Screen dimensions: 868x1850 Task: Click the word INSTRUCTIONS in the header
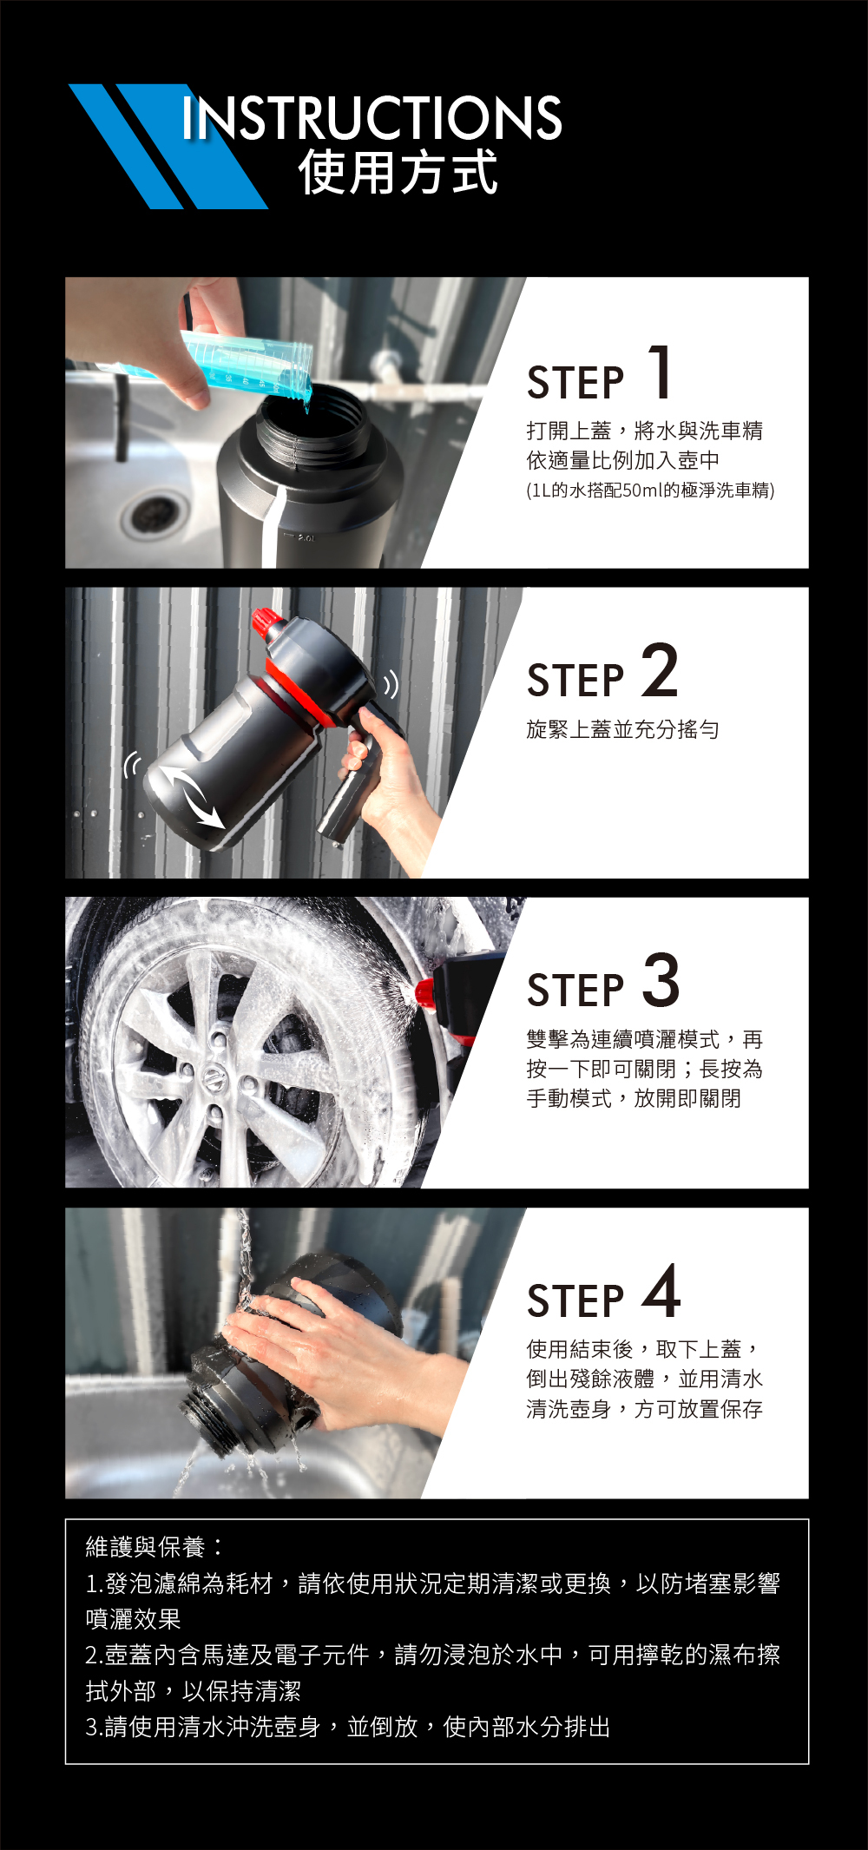(372, 118)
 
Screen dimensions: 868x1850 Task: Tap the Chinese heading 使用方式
(398, 172)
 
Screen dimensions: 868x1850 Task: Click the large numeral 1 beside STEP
(661, 371)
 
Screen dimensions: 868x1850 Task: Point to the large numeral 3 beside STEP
(661, 979)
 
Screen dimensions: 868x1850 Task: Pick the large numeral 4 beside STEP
(661, 1290)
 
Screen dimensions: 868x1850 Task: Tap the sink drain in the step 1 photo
(156, 512)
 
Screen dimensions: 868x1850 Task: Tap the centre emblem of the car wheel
(214, 1077)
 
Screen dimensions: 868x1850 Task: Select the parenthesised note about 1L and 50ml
(650, 490)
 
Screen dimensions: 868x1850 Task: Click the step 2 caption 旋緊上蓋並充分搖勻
(622, 729)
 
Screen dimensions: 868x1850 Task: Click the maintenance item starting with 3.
(347, 1727)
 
